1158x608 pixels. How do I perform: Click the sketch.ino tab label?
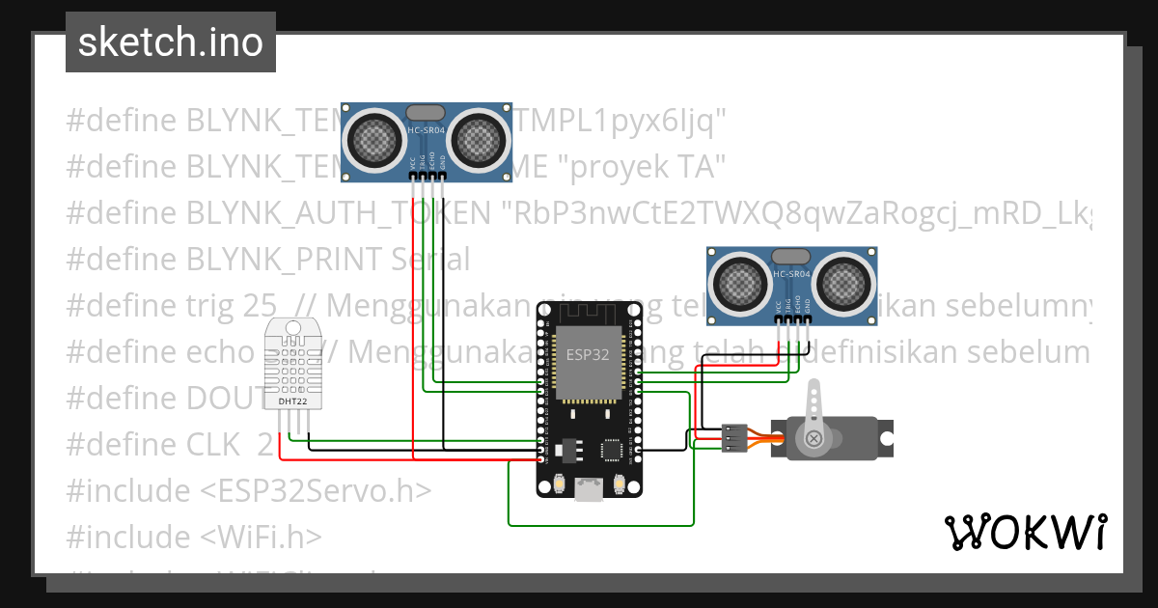170,42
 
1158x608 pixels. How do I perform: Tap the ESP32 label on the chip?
588,354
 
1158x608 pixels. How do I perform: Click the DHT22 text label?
293,401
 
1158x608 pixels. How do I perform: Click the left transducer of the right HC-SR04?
741,283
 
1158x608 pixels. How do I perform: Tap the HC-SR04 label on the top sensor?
426,130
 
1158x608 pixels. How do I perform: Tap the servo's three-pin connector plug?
734,437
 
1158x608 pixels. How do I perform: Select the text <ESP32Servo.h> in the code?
315,490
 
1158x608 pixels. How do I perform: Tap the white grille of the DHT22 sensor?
293,362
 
